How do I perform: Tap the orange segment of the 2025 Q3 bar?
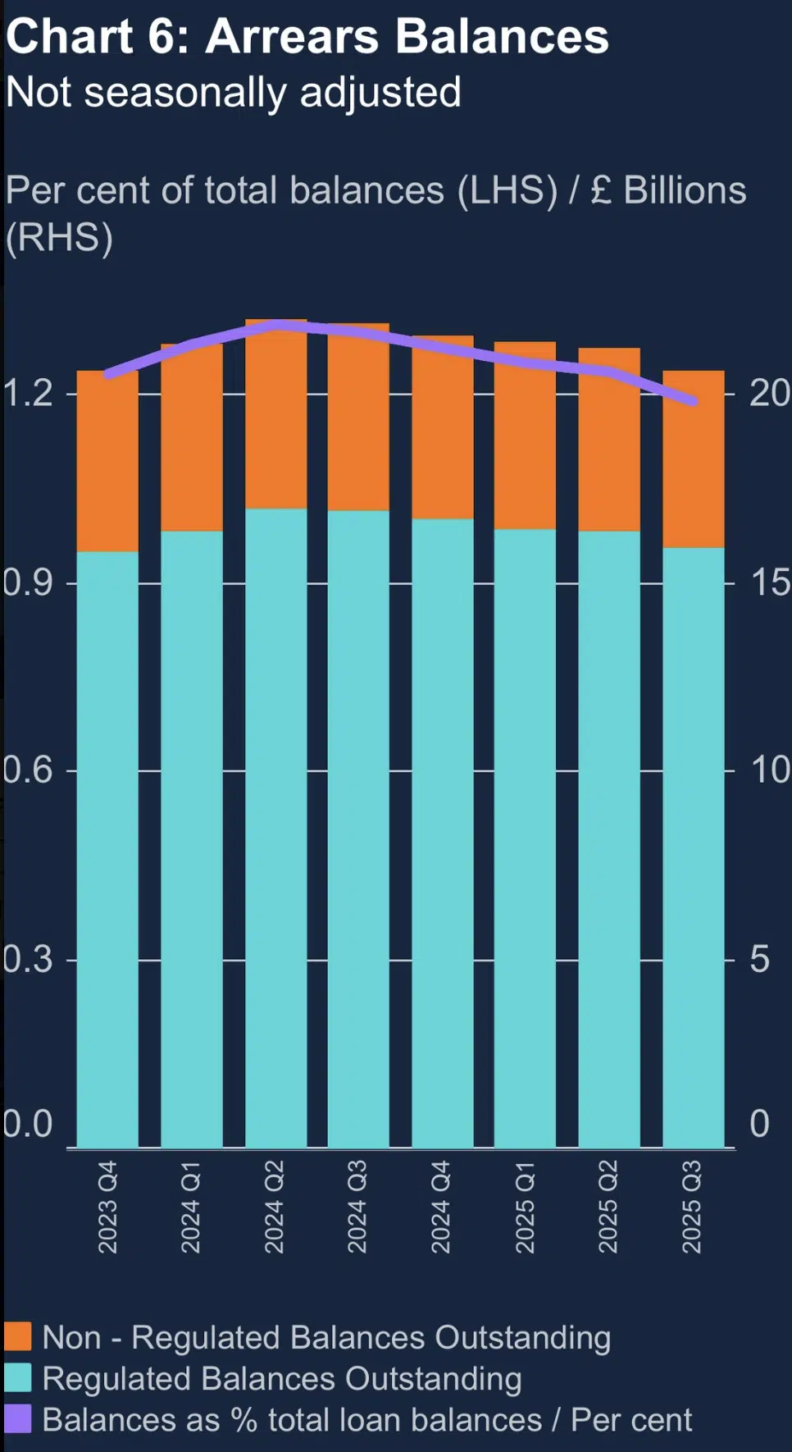click(x=693, y=476)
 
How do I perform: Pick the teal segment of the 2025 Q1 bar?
click(x=525, y=837)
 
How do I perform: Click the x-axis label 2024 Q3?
click(x=357, y=1207)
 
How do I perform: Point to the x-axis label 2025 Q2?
click(x=608, y=1207)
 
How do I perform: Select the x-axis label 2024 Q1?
click(x=191, y=1207)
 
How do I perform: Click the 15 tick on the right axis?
click(x=769, y=582)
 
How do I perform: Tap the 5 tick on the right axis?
click(x=759, y=959)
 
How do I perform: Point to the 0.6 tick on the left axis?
click(x=26, y=770)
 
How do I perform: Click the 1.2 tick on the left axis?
click(x=26, y=394)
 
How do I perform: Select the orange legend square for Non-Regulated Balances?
click(x=17, y=1336)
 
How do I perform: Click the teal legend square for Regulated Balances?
click(x=17, y=1377)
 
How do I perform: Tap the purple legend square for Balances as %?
click(x=17, y=1418)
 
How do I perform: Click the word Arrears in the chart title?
click(x=292, y=37)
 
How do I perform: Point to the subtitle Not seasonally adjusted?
click(x=234, y=92)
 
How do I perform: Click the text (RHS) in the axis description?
click(x=59, y=238)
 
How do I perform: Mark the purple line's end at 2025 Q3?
click(x=694, y=401)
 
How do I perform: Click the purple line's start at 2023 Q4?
click(x=108, y=374)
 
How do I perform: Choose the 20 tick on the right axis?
click(x=769, y=394)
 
